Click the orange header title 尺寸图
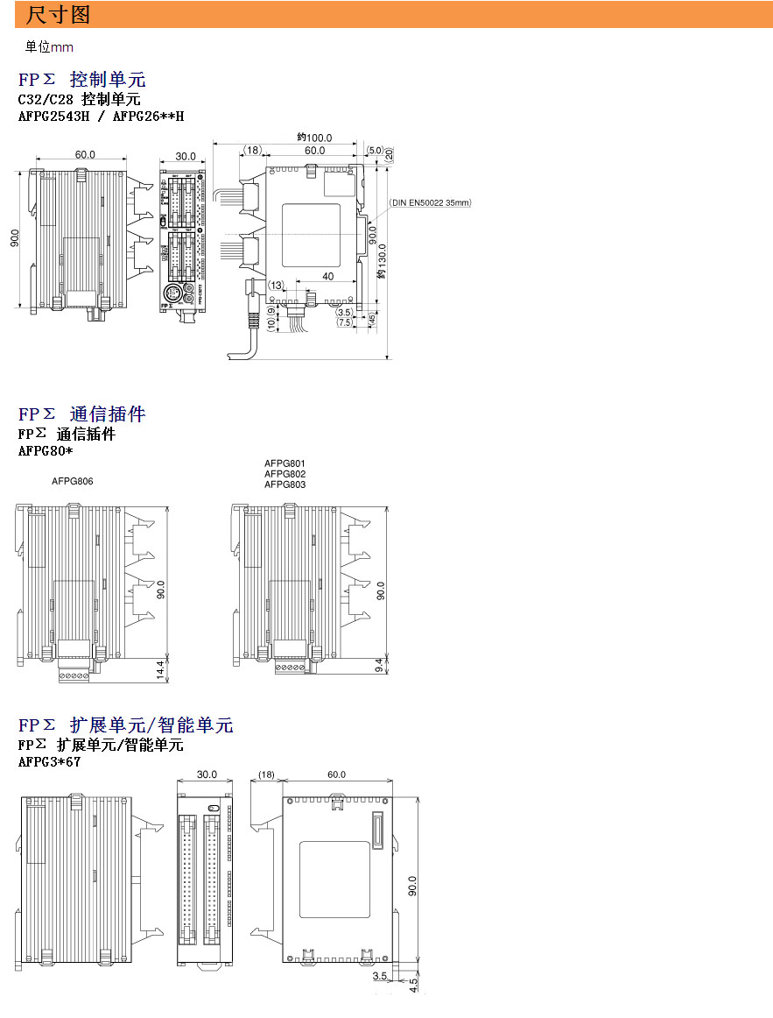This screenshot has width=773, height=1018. (58, 15)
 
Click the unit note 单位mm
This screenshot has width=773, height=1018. (49, 47)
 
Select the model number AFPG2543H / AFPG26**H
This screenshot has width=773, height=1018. (101, 116)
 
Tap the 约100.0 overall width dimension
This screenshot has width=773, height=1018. (314, 138)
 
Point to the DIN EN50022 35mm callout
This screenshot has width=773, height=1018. (430, 202)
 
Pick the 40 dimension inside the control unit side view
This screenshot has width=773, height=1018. (327, 277)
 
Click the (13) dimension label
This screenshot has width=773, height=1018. (276, 286)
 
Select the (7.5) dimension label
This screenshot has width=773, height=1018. (344, 322)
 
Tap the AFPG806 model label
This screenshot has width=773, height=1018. (72, 481)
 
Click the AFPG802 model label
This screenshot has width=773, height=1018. (285, 474)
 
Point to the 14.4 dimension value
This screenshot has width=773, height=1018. (160, 670)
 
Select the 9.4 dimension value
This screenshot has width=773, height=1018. (378, 667)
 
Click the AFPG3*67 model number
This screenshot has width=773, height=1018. (49, 762)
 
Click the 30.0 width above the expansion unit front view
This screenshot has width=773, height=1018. (207, 774)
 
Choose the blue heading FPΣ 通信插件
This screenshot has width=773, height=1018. (81, 414)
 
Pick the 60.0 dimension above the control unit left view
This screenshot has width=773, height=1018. (85, 155)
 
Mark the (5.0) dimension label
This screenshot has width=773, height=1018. (375, 151)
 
